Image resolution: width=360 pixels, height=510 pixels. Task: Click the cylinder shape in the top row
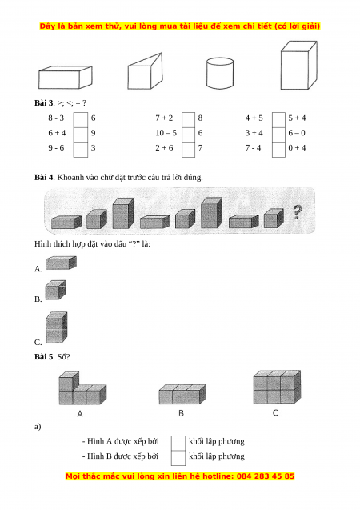coord(220,73)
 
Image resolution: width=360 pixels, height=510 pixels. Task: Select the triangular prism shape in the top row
coord(145,71)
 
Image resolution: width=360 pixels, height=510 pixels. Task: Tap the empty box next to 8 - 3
coord(81,119)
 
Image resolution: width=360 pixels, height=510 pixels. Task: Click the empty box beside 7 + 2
coord(189,119)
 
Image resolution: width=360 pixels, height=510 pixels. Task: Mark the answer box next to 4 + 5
coord(278,119)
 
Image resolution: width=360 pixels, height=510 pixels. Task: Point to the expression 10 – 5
coord(166,133)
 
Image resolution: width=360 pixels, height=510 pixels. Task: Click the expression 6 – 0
coord(297,133)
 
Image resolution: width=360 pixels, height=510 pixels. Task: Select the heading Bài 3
coord(44,103)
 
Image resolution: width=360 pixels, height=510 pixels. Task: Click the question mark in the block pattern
coord(297,211)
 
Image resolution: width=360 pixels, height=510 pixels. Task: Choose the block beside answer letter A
coord(61,263)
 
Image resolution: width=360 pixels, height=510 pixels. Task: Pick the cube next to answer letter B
coord(55,290)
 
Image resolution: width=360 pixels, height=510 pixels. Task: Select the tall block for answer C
coord(57,327)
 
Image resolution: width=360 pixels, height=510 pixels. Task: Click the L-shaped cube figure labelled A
coord(82,388)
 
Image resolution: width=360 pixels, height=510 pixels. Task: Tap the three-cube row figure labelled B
coord(182,394)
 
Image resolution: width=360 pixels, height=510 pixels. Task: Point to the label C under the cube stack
coord(275,413)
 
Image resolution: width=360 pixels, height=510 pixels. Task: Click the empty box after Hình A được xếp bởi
coord(178,443)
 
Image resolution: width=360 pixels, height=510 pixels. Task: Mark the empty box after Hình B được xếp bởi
coord(178,458)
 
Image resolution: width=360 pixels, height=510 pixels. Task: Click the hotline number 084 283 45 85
coord(266,476)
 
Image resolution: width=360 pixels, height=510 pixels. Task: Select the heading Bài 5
coord(44,357)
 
